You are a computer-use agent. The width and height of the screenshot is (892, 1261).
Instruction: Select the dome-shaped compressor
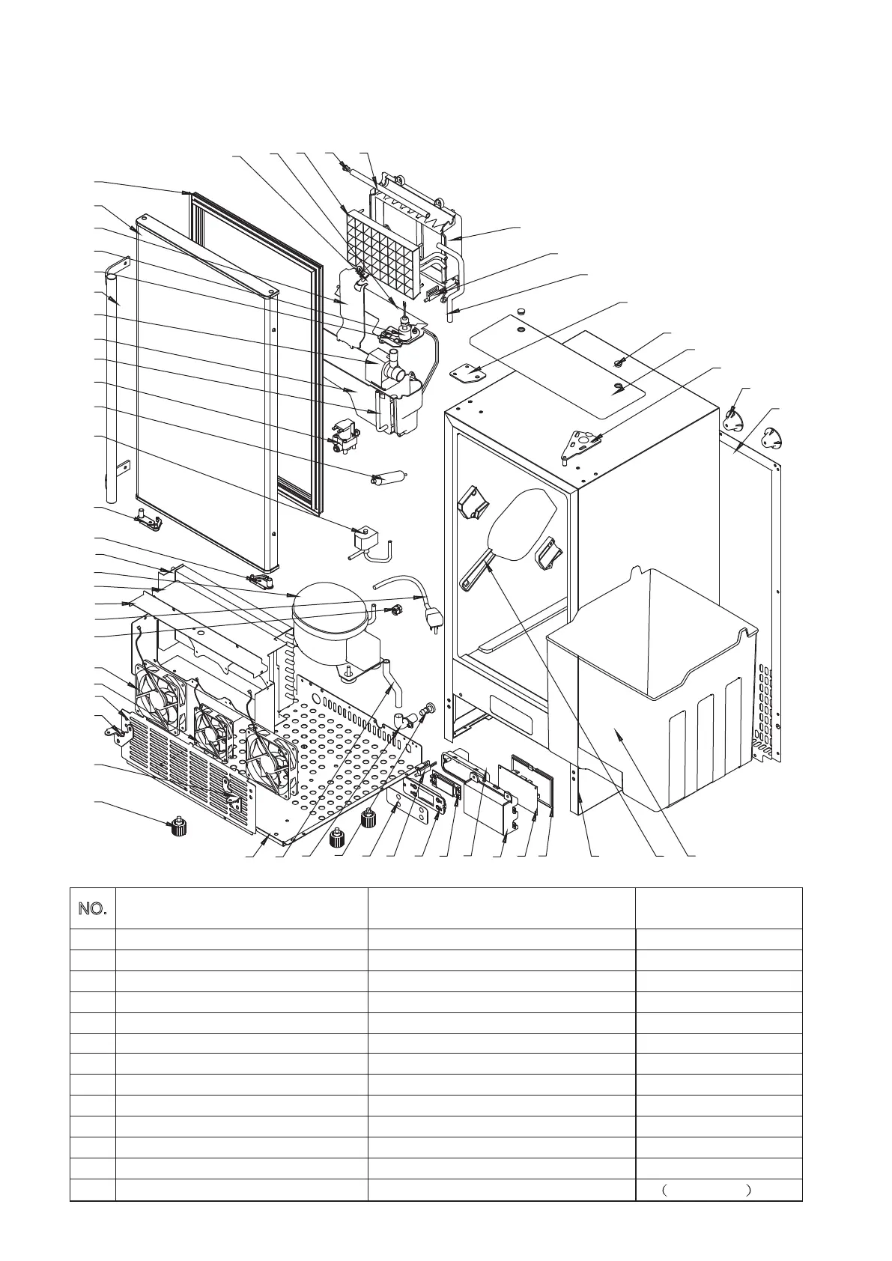point(330,614)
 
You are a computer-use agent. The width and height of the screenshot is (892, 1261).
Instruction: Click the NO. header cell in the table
point(93,909)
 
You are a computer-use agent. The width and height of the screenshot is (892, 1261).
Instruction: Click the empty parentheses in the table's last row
point(707,1190)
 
